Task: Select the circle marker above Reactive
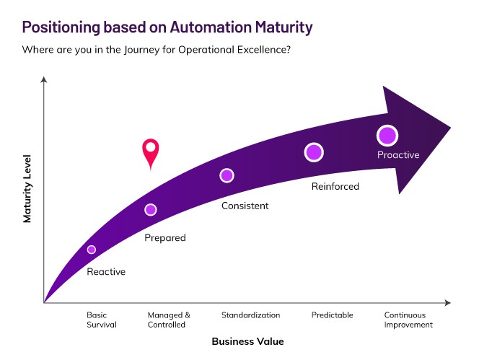(92, 250)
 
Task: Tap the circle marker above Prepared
(150, 210)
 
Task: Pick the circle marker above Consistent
(227, 175)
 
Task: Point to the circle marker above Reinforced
(313, 152)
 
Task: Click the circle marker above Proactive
(387, 135)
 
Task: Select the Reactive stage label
(106, 272)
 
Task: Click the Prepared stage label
(165, 238)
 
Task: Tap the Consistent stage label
(245, 206)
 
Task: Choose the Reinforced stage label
(335, 187)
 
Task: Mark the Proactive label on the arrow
(398, 155)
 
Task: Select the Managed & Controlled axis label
(169, 320)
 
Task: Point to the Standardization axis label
(250, 315)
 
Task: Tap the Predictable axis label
(332, 315)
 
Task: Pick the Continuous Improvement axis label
(408, 320)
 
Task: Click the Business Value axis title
(247, 341)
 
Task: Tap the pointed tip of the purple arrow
(449, 128)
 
